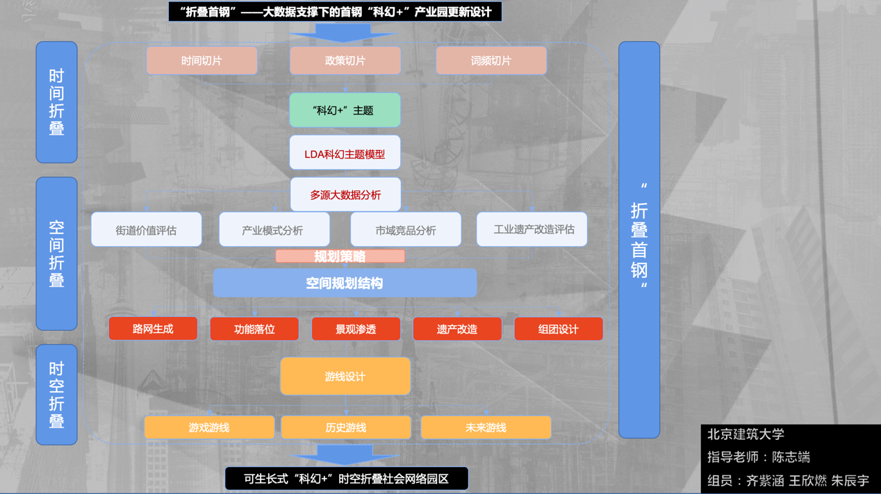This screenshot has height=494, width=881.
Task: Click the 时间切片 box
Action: pyautogui.click(x=201, y=61)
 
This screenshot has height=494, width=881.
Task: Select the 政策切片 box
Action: pyautogui.click(x=345, y=61)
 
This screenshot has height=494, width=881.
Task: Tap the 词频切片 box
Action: pyautogui.click(x=491, y=61)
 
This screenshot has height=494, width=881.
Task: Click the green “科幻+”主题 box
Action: pyautogui.click(x=345, y=110)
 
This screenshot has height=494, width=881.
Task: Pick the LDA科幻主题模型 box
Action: pyautogui.click(x=345, y=154)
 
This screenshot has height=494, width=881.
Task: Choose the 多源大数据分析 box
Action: pyautogui.click(x=345, y=195)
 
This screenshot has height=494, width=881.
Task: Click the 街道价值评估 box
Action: pyautogui.click(x=146, y=230)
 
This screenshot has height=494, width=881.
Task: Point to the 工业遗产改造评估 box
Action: pyautogui.click(x=532, y=229)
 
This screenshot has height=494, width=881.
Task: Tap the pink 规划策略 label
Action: pyautogui.click(x=340, y=256)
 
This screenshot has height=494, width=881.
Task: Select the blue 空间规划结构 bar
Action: pyautogui.click(x=345, y=283)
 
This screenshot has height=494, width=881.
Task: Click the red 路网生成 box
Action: pyautogui.click(x=153, y=329)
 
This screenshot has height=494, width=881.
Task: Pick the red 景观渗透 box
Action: pyautogui.click(x=356, y=329)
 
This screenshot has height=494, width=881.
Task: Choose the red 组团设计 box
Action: pyautogui.click(x=558, y=329)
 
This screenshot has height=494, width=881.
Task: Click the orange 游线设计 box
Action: pyautogui.click(x=345, y=377)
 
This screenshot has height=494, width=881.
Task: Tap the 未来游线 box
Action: pyautogui.click(x=486, y=428)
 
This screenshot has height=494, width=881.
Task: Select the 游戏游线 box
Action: pyautogui.click(x=209, y=428)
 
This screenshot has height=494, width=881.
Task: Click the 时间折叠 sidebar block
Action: pyautogui.click(x=56, y=102)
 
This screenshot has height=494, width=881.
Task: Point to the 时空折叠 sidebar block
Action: pyautogui.click(x=56, y=395)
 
